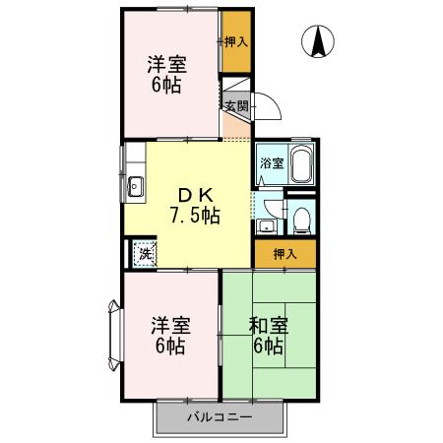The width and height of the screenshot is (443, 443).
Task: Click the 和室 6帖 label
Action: pos(267,335)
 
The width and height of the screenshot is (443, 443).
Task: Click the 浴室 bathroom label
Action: pos(271,164)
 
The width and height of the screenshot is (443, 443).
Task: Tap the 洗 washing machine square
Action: pos(145,254)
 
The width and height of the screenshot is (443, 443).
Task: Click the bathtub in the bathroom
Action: pos(301,162)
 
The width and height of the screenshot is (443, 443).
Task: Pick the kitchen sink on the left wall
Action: pos(136,184)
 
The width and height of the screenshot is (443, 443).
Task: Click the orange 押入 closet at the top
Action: pos(235,42)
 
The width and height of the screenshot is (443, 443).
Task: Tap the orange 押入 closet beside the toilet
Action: pos(284,254)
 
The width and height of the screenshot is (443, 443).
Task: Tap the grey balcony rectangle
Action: pos(220,418)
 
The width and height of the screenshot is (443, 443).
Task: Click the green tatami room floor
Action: pos(268,374)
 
